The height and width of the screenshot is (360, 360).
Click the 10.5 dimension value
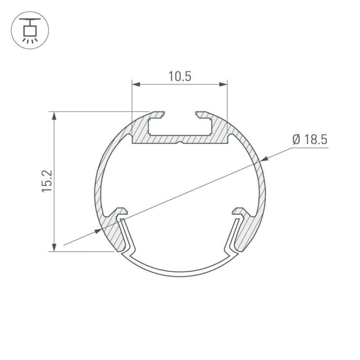(x=180, y=76)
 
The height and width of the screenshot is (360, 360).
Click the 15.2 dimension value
(x=47, y=181)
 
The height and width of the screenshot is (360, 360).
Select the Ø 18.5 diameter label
(x=310, y=139)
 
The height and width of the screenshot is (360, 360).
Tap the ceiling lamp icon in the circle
(x=30, y=30)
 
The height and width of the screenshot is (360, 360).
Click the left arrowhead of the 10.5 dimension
(x=136, y=84)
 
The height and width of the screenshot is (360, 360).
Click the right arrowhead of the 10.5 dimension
(x=223, y=84)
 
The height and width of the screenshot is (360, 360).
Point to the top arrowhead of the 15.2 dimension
(x=54, y=116)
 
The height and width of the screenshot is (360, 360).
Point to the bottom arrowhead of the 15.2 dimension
(x=54, y=247)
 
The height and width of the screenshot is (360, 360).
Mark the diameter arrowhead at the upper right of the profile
(x=264, y=159)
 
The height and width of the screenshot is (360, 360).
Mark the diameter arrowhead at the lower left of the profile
(x=98, y=231)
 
